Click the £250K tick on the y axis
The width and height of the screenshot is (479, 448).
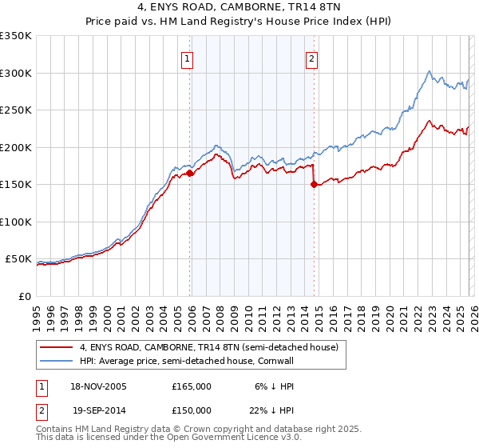16,110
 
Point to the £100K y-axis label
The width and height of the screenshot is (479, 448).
16,222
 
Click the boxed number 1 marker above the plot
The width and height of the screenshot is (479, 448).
187,58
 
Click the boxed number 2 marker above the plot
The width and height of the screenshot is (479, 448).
311,58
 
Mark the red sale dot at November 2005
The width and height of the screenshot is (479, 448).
190,173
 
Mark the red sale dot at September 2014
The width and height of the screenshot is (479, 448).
314,184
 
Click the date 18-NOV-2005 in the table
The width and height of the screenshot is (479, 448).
98,386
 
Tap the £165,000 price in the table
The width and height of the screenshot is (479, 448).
192,386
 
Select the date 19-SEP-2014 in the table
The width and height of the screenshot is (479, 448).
98,410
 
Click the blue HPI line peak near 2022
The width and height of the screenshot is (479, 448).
430,71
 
